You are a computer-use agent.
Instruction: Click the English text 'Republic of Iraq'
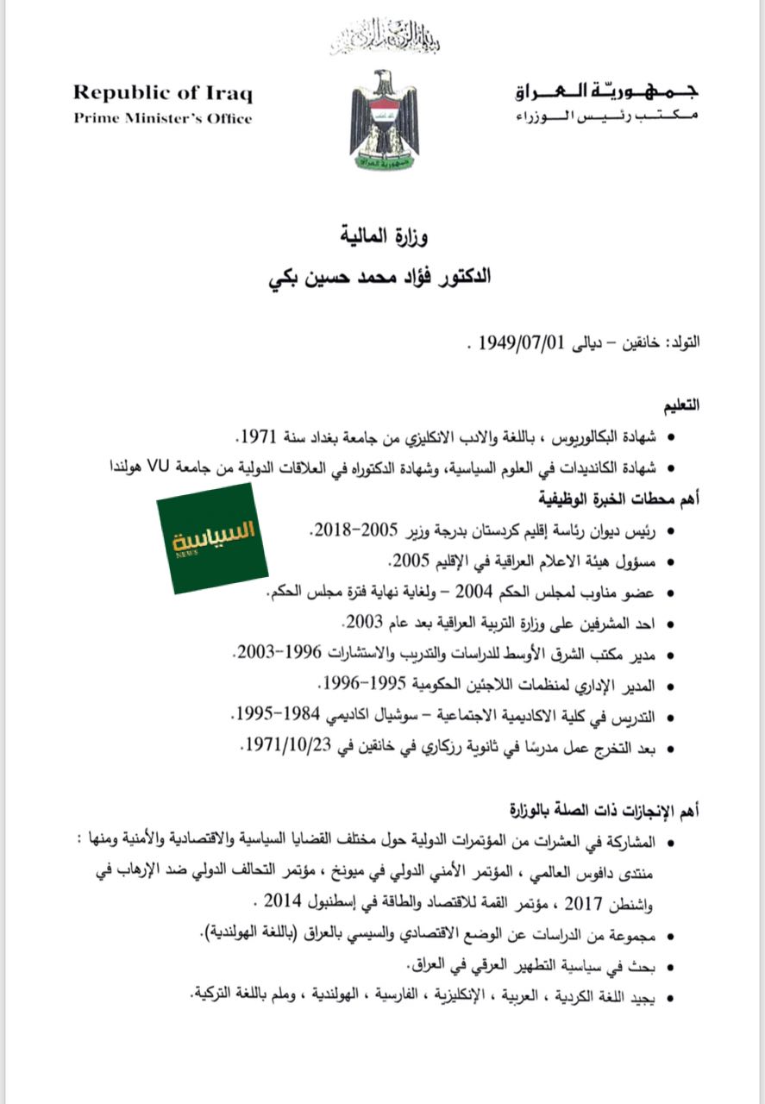[x=162, y=93]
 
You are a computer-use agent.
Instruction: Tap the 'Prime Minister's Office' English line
[x=162, y=118]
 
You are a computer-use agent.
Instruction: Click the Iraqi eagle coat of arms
[x=383, y=120]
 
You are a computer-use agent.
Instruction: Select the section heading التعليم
[x=680, y=405]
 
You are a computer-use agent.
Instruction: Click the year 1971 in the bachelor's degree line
[x=259, y=434]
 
